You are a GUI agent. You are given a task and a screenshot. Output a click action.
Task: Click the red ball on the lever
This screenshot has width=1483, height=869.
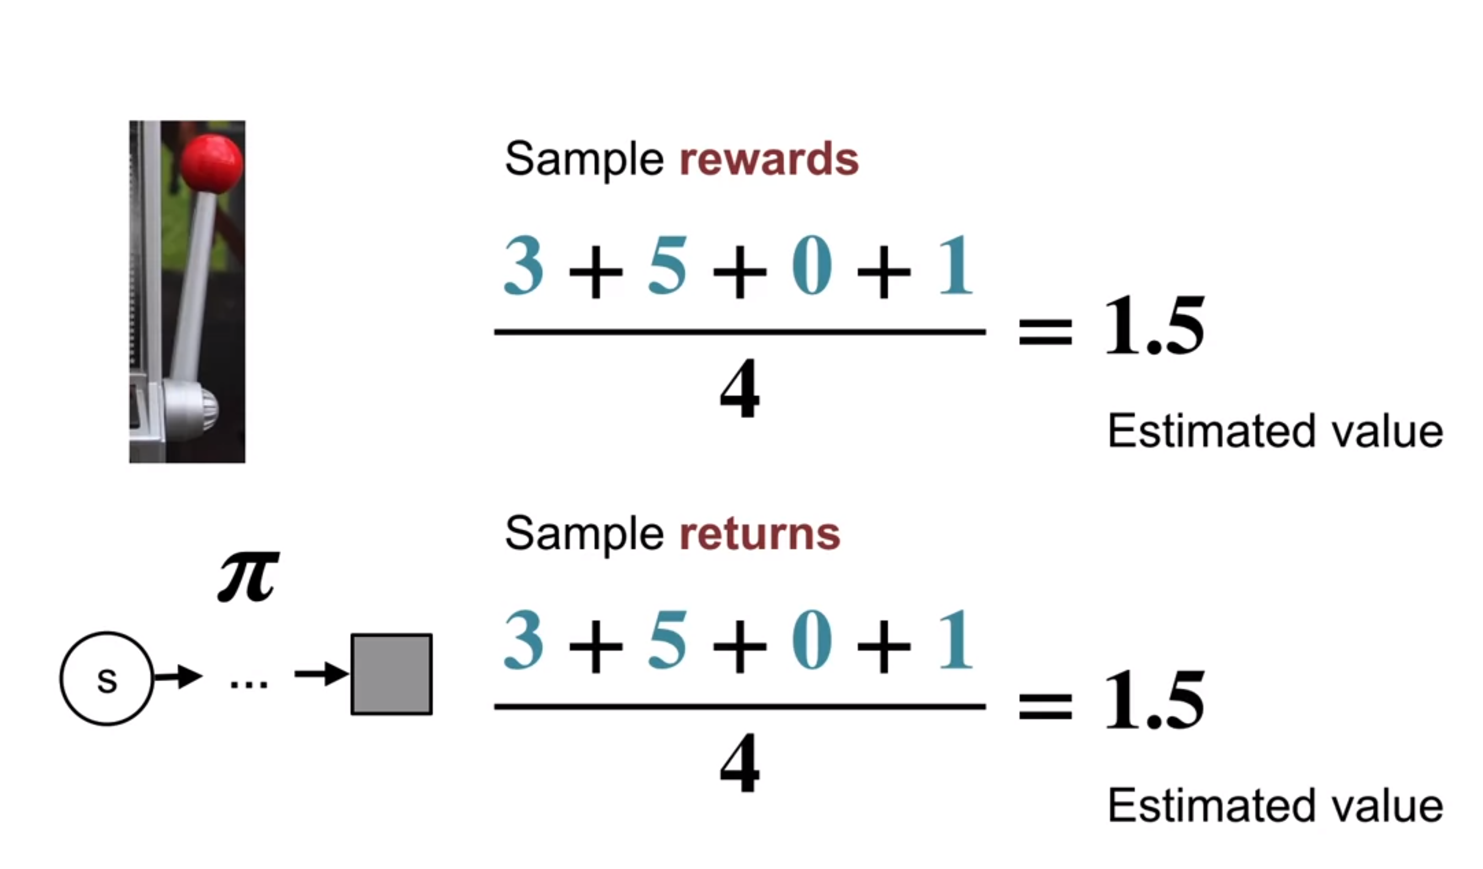(x=211, y=164)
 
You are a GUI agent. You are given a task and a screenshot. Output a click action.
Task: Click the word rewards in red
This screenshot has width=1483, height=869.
(x=769, y=159)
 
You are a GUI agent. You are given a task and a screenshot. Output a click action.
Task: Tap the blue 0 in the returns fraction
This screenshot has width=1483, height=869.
(x=812, y=640)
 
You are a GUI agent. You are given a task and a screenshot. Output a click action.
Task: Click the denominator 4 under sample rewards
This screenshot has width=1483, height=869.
(x=740, y=389)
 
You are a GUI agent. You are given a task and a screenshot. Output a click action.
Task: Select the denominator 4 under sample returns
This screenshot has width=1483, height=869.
(x=740, y=763)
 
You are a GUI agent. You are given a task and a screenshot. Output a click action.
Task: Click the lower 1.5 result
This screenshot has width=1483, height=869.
(x=1154, y=700)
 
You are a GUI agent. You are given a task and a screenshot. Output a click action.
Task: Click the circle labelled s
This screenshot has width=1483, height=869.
(x=106, y=678)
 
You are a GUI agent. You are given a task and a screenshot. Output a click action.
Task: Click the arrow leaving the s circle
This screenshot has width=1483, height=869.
(x=178, y=677)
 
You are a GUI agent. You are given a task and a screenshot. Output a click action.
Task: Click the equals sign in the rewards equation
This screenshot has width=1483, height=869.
(x=1045, y=331)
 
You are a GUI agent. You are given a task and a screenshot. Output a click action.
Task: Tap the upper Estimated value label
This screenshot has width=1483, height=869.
(x=1275, y=431)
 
